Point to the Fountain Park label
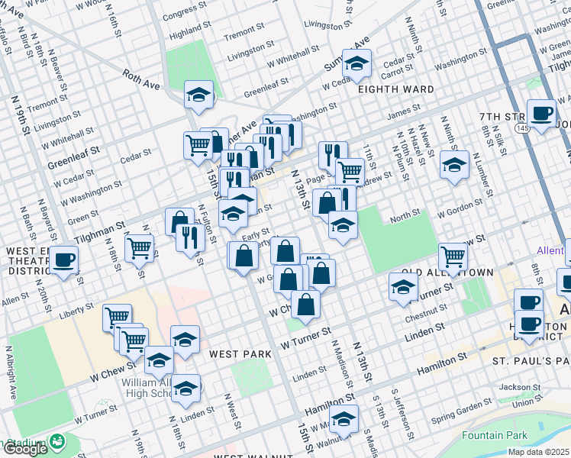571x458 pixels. [x=494, y=436]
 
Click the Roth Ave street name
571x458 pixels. [x=142, y=79]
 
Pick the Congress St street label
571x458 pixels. [x=185, y=12]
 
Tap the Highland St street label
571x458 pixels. [x=189, y=34]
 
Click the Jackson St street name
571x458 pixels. [x=519, y=387]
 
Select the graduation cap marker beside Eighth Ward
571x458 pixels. [x=356, y=63]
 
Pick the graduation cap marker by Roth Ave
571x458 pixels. [x=198, y=95]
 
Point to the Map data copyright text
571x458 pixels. [x=538, y=452]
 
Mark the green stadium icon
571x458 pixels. [x=56, y=441]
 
